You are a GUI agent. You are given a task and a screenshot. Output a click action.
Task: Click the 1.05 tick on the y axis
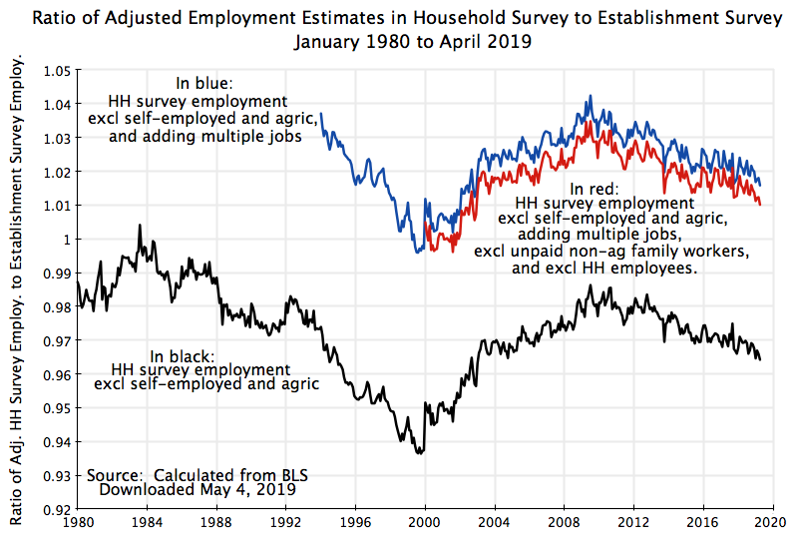[x=58, y=71]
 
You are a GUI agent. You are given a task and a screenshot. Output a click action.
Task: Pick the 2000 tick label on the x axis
[x=425, y=522]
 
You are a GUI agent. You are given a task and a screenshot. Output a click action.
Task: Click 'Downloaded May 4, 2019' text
[x=198, y=490]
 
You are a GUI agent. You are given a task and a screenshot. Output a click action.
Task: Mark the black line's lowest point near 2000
[x=419, y=453]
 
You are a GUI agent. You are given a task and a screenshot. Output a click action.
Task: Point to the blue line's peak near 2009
[x=591, y=97]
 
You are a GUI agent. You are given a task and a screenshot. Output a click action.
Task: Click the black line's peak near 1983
[x=139, y=226]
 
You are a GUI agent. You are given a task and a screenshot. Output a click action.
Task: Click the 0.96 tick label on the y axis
[x=58, y=374]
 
